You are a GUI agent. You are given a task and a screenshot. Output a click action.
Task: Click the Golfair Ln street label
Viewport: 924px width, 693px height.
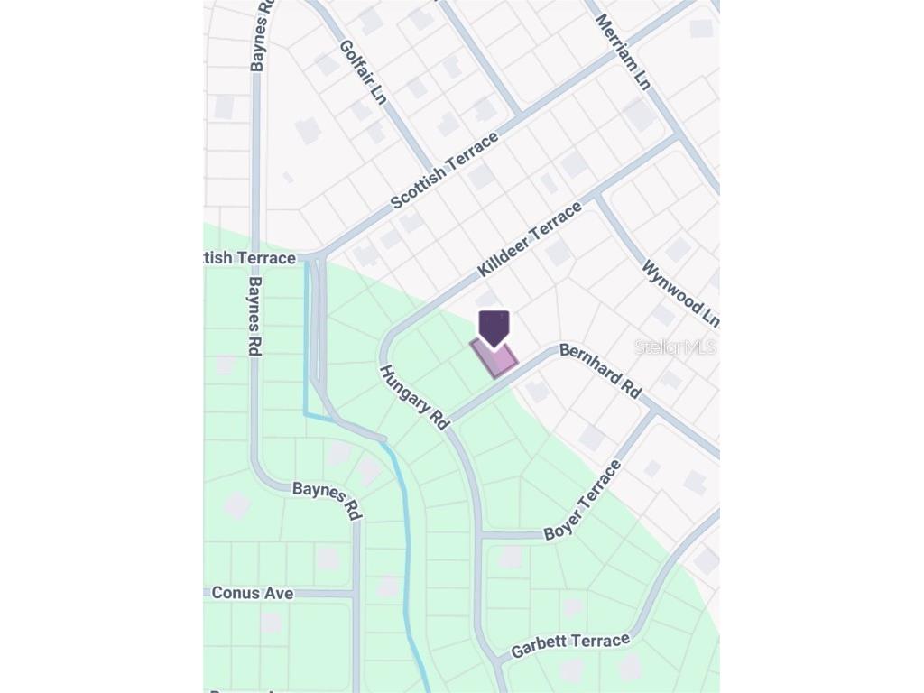[x=364, y=72]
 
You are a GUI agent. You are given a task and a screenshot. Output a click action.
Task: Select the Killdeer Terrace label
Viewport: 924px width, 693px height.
[x=530, y=240]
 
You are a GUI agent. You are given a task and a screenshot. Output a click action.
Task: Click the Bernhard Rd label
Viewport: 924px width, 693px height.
[x=600, y=370]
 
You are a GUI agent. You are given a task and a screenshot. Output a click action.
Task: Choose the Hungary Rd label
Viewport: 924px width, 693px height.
[x=414, y=397]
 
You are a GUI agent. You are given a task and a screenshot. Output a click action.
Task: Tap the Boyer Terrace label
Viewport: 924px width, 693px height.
[x=583, y=501]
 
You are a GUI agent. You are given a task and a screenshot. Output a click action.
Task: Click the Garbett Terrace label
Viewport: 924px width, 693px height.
[x=570, y=645]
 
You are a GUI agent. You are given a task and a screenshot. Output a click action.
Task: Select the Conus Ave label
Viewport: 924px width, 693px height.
[x=253, y=593]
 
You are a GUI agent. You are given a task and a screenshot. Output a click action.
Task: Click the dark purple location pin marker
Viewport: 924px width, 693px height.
[x=494, y=328]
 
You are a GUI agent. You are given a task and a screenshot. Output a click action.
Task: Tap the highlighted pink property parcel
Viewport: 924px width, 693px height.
[x=495, y=359]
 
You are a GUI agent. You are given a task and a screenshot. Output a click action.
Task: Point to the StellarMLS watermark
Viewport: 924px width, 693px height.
[x=675, y=346]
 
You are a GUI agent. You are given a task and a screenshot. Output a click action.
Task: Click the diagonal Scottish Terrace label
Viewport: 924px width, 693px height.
[x=444, y=171]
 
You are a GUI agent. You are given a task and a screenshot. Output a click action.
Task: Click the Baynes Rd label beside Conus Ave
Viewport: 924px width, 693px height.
[x=327, y=501]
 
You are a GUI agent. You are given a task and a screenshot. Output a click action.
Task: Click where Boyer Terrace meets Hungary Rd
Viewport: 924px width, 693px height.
[x=480, y=535]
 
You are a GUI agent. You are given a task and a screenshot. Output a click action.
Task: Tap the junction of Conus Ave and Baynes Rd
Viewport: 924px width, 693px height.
[x=355, y=594]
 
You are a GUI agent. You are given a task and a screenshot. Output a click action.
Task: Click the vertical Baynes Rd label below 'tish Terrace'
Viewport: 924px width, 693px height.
[x=255, y=316]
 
